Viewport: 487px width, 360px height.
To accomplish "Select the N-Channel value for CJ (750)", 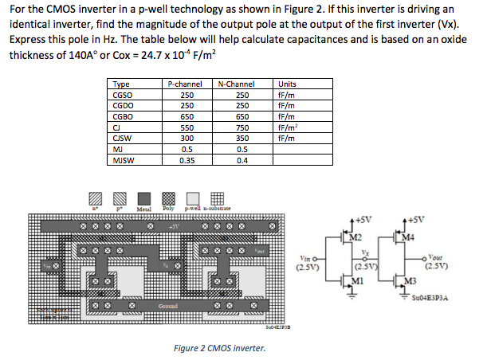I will click(x=244, y=127).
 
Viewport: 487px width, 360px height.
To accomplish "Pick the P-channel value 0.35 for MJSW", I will click(x=187, y=159).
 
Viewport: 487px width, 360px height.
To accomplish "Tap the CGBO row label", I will click(x=124, y=116).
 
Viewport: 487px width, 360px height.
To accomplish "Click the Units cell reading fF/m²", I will click(x=285, y=127).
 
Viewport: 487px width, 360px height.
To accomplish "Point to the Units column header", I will click(x=285, y=84).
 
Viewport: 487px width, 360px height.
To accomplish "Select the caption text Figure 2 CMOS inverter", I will click(x=219, y=348).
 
